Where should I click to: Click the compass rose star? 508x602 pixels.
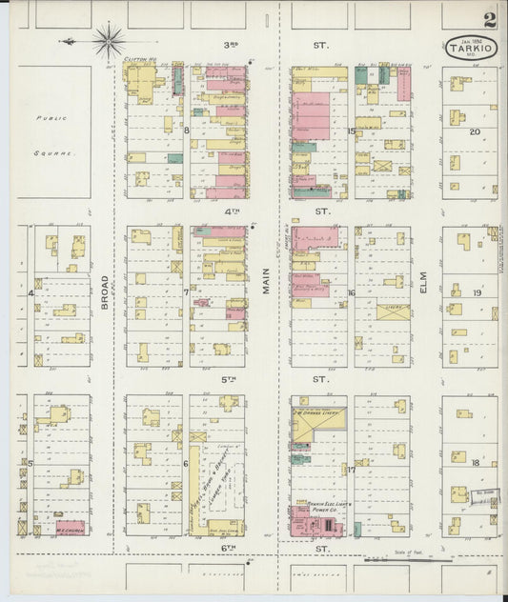click(108, 41)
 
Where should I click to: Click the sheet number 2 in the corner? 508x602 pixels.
click(489, 19)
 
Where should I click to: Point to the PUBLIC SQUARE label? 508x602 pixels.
click(53, 133)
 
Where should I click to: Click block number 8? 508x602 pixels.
click(187, 130)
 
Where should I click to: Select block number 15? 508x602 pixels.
click(351, 130)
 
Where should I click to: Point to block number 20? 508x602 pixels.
click(474, 131)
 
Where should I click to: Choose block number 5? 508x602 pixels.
click(30, 464)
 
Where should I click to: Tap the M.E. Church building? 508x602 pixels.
click(71, 527)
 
